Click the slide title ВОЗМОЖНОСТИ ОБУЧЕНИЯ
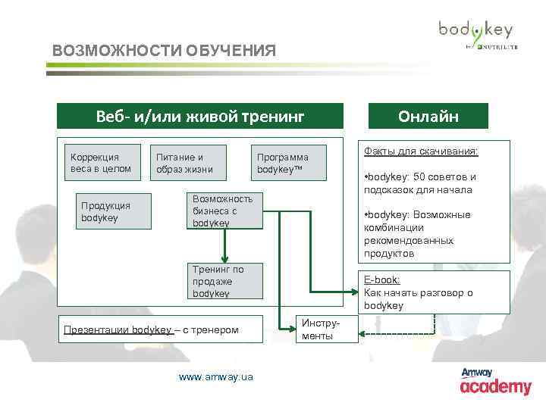pos(164,52)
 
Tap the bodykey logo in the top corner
pos(476,33)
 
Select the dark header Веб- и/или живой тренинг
pos(200,117)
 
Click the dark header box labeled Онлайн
pos(428,117)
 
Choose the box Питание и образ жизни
pos(184,162)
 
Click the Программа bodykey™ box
pos(289,162)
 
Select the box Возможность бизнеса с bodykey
pos(226,211)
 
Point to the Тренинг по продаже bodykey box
pos(226,282)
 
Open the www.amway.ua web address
pos(216,376)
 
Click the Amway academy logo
pos(496,382)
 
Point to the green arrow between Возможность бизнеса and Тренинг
pos(225,245)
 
